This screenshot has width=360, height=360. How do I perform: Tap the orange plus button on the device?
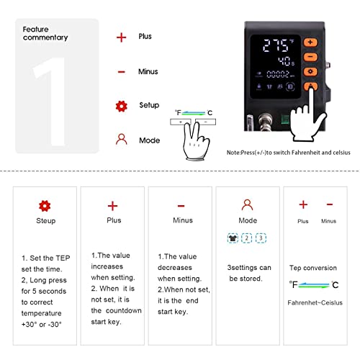[x=310, y=41]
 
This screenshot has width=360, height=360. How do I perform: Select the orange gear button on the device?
[x=310, y=72]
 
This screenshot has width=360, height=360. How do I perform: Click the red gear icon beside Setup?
[x=121, y=106]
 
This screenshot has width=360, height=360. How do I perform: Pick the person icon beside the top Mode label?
[x=121, y=140]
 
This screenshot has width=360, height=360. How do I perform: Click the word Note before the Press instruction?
[x=234, y=153]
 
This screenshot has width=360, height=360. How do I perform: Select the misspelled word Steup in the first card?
[x=45, y=221]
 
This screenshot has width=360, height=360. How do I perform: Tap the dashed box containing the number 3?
[x=261, y=238]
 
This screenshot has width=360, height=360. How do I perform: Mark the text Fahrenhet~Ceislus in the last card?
[x=315, y=302]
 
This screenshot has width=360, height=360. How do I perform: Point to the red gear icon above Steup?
[x=45, y=205]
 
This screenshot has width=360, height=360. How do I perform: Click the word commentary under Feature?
[x=45, y=37]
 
